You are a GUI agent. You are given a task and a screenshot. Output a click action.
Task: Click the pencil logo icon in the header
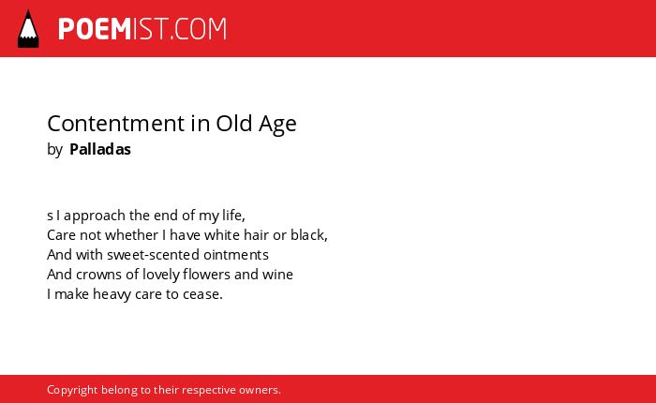pos(28,29)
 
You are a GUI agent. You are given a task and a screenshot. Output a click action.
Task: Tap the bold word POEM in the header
pos(95,29)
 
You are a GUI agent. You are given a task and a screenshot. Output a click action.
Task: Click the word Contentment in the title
pos(116,124)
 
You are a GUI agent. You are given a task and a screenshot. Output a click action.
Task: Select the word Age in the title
pos(277,125)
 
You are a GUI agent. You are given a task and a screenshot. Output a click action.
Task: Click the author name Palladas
pos(100,149)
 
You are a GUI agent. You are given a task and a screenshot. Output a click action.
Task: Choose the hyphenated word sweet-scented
pos(153,254)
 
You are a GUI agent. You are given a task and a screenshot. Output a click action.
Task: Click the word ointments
pos(236,254)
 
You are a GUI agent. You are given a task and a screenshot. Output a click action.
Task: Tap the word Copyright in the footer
pos(72,390)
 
